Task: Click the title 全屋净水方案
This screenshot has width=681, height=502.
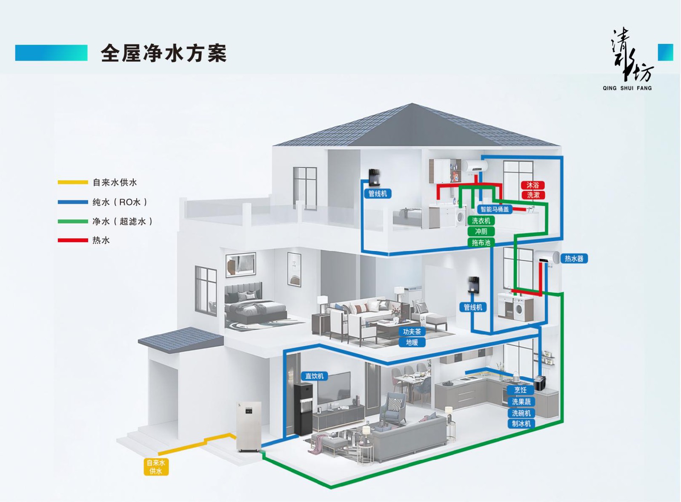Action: pos(164,53)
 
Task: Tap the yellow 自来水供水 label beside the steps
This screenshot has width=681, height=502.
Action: pos(156,467)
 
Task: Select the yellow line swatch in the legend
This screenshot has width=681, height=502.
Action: pos(73,182)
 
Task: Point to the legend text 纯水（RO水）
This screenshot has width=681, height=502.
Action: pos(120,202)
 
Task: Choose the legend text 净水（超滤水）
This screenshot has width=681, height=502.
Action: pos(123,221)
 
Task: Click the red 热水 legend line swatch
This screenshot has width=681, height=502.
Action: pos(73,240)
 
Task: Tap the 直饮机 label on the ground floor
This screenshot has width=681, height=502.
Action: pos(315,376)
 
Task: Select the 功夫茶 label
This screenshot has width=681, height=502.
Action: pos(412,332)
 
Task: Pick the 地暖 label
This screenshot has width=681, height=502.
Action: pos(412,342)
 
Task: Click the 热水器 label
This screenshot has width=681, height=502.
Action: pos(574,258)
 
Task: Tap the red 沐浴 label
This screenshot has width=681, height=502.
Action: pos(532,185)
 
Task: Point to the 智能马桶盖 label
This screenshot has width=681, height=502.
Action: pos(495,209)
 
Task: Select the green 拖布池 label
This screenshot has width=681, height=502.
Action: pos(481,242)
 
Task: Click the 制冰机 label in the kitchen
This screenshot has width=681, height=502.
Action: pos(521,424)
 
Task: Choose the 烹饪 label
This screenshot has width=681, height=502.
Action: pos(520,390)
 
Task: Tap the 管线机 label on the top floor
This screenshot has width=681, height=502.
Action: pos(378,193)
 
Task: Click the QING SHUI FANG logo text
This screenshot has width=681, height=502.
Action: pos(627,88)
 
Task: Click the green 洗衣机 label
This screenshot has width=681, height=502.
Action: pos(481,221)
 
